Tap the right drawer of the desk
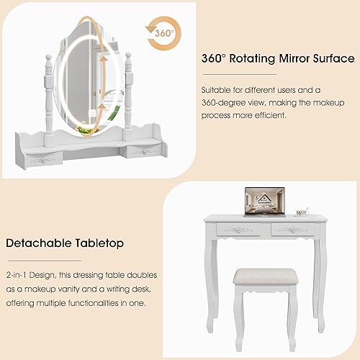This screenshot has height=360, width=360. click(289, 229)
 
